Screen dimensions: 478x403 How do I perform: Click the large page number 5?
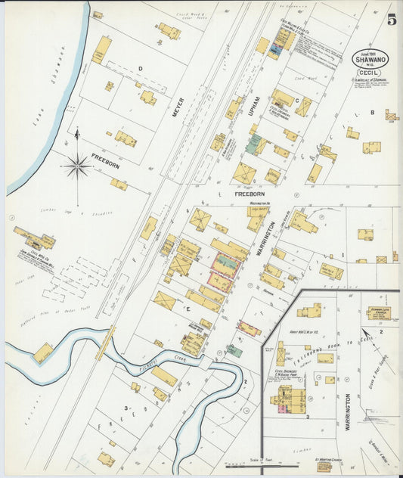click(392, 20)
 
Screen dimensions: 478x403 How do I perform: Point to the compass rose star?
click(76, 165)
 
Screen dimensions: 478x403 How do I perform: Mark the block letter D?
click(140, 68)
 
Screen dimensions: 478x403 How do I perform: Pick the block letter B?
click(372, 113)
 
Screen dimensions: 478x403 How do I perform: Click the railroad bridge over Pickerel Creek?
click(106, 343)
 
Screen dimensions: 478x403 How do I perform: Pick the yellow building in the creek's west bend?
click(44, 353)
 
